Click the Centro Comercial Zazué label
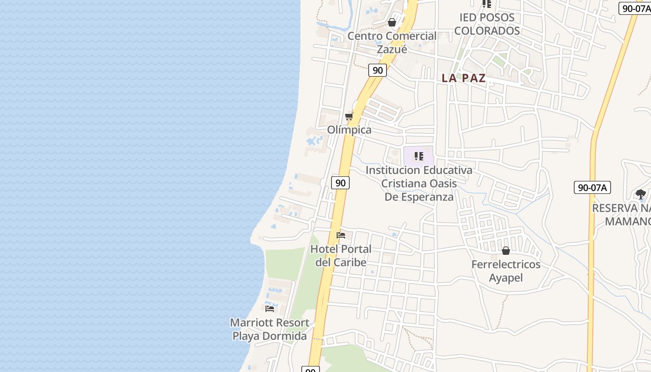click(392, 42)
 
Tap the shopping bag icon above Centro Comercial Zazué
click(392, 22)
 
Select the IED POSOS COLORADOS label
click(487, 24)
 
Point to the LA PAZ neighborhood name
click(464, 78)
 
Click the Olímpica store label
click(349, 130)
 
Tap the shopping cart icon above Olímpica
click(349, 116)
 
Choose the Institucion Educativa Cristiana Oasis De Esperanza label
click(418, 183)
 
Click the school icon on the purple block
click(418, 156)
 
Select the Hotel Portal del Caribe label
click(341, 255)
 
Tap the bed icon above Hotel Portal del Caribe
click(341, 235)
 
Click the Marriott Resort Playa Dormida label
click(270, 329)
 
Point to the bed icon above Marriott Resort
click(270, 308)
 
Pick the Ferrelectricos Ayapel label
click(506, 271)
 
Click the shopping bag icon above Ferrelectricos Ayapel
click(506, 251)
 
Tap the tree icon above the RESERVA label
click(641, 194)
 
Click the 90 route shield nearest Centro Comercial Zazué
click(378, 70)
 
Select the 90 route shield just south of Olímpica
click(340, 183)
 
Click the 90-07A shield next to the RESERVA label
click(592, 187)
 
